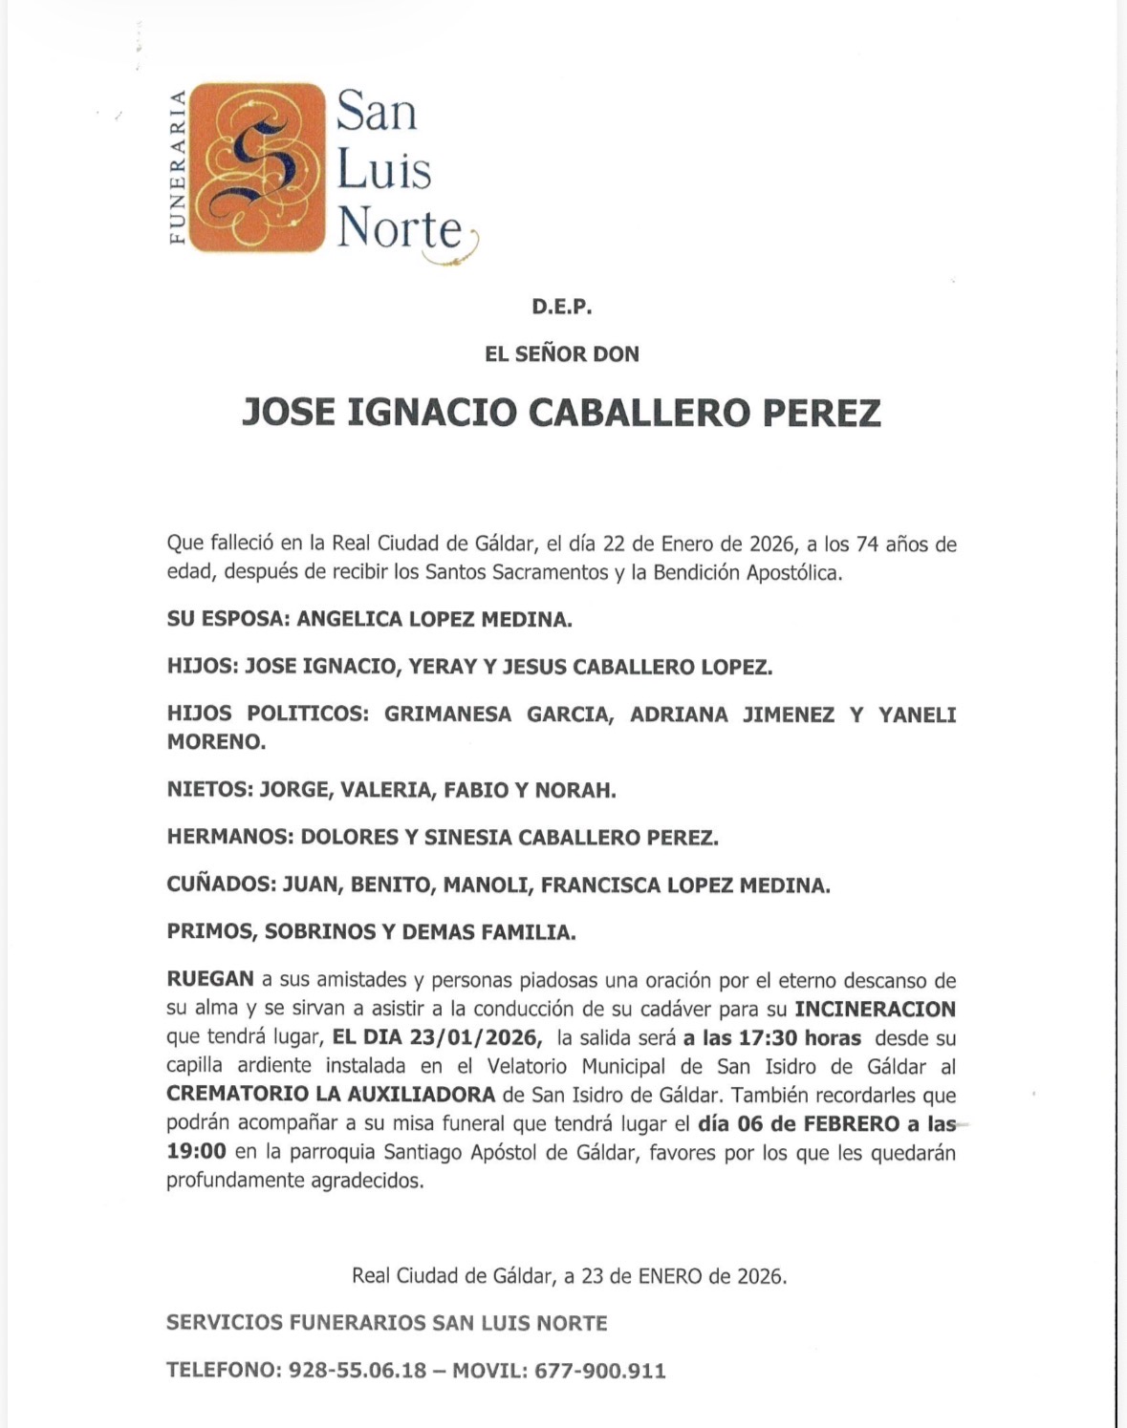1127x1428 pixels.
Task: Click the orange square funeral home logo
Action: click(257, 167)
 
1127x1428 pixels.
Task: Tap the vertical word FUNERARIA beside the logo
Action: click(177, 167)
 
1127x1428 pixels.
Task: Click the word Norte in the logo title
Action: click(401, 228)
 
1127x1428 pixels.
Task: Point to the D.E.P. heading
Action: click(562, 308)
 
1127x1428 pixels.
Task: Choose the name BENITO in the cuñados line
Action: click(390, 885)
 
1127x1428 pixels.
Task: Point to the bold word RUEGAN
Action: click(210, 980)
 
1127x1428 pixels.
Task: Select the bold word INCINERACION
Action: click(876, 1009)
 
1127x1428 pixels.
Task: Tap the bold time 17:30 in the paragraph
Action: click(763, 1037)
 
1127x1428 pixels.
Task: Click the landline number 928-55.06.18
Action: click(358, 1371)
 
